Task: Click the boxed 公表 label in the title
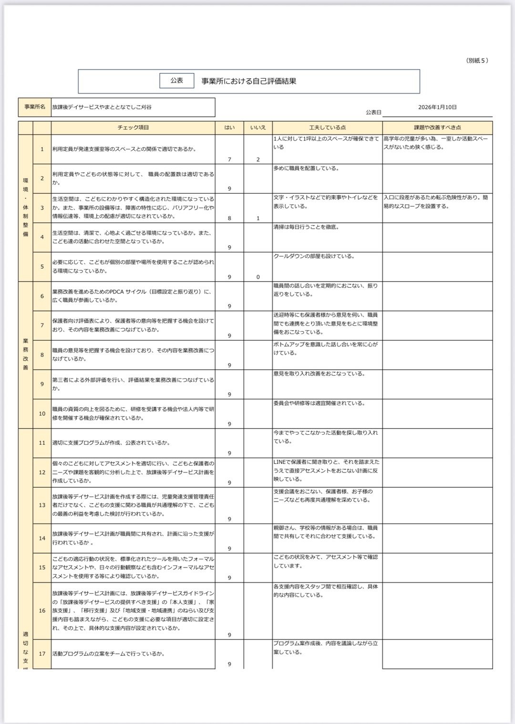pyautogui.click(x=177, y=81)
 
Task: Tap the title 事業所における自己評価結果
pyautogui.click(x=249, y=81)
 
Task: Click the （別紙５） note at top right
pyautogui.click(x=477, y=61)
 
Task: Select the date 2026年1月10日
pyautogui.click(x=437, y=107)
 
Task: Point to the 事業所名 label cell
pyautogui.click(x=35, y=107)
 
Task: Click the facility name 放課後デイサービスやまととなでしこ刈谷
pyautogui.click(x=102, y=107)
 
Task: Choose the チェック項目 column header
pyautogui.click(x=133, y=128)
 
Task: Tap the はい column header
pyautogui.click(x=229, y=128)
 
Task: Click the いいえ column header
pyautogui.click(x=258, y=128)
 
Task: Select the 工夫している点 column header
pyautogui.click(x=327, y=128)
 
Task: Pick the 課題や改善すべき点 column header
pyautogui.click(x=437, y=128)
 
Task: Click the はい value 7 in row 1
pyautogui.click(x=229, y=159)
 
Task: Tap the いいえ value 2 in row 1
pyautogui.click(x=258, y=159)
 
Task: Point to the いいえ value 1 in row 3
pyautogui.click(x=258, y=218)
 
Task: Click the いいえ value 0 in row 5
pyautogui.click(x=258, y=277)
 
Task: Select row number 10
pyautogui.click(x=42, y=413)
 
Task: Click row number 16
pyautogui.click(x=42, y=610)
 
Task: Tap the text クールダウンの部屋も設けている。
pyautogui.click(x=314, y=256)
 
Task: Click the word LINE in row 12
pyautogui.click(x=279, y=462)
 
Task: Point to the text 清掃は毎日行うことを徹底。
pyautogui.click(x=306, y=227)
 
